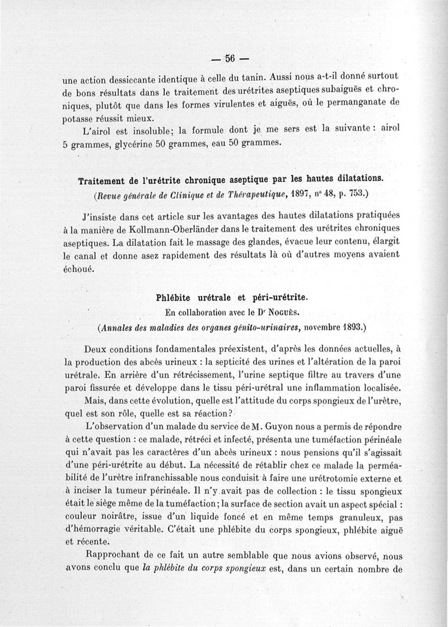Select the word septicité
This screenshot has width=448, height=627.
point(250,361)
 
